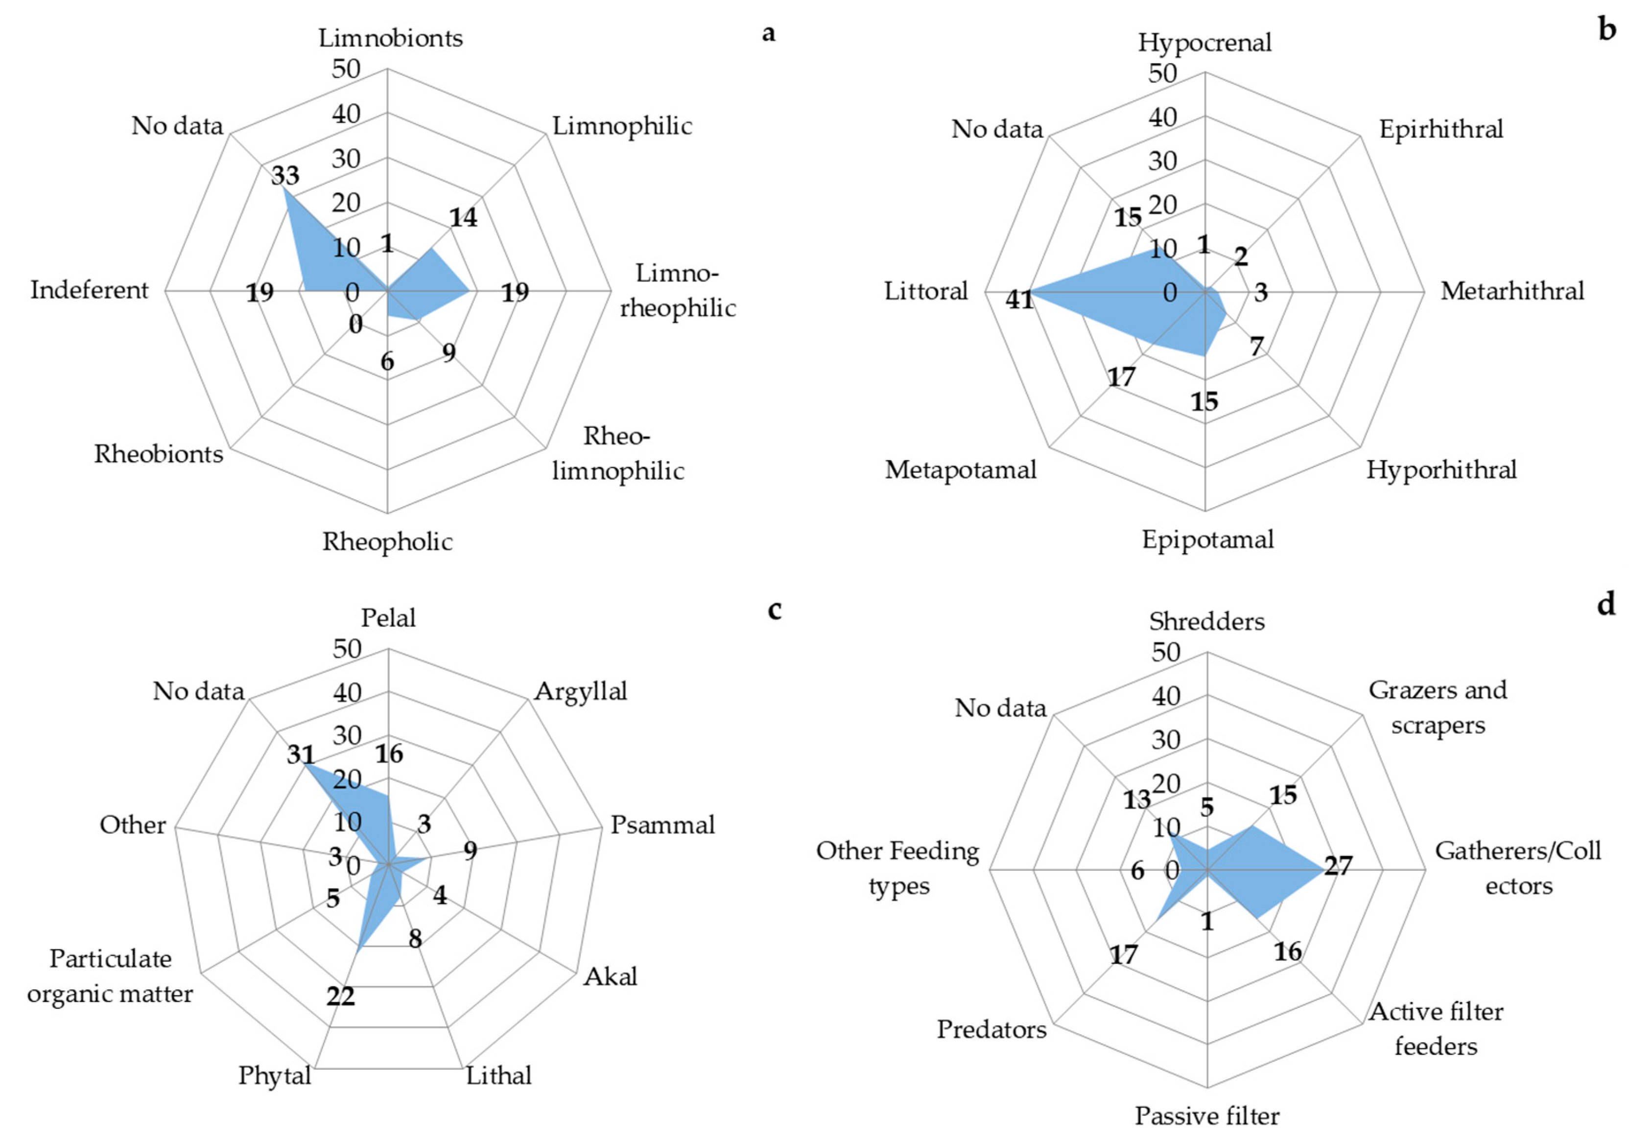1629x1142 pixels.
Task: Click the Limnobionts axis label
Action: tap(390, 38)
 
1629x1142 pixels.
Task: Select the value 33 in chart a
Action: tap(285, 175)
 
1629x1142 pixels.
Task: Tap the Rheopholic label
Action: tap(387, 542)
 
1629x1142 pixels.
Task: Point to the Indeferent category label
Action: tap(90, 290)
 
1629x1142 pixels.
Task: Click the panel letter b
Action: tap(1607, 30)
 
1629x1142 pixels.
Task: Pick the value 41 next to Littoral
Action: tap(1019, 300)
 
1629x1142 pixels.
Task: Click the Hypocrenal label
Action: tap(1204, 43)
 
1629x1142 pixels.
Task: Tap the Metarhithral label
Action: tap(1512, 291)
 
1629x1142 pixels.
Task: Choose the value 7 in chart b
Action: tap(1256, 347)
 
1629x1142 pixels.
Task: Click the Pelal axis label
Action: tap(388, 618)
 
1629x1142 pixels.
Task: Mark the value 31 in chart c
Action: tap(300, 755)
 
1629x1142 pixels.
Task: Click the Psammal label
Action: tap(662, 825)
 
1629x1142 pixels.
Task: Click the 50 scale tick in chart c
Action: tap(347, 648)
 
